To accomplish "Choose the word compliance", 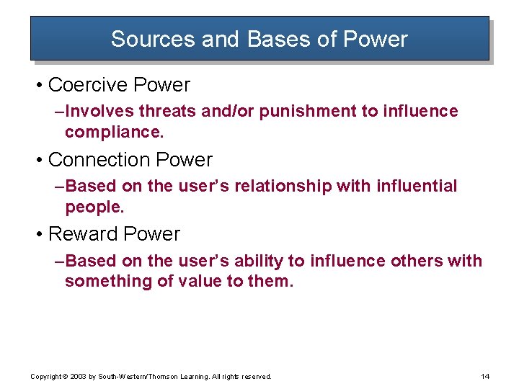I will pyautogui.click(x=108, y=133).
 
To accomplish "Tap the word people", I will pyautogui.click(x=94, y=208).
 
